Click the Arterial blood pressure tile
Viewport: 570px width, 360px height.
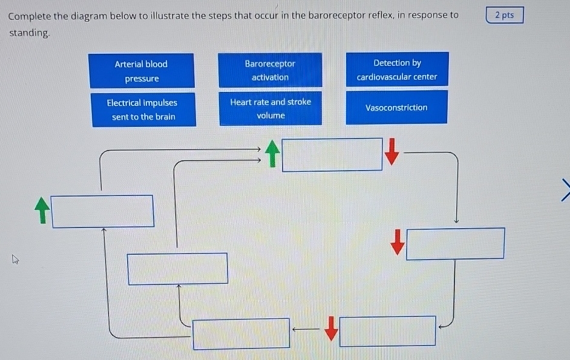click(x=142, y=71)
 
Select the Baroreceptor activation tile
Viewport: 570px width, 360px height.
click(x=270, y=70)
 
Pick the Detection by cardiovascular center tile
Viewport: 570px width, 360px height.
click(x=397, y=70)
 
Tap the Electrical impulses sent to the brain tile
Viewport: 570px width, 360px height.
click(x=143, y=110)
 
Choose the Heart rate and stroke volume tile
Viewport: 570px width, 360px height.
click(x=270, y=108)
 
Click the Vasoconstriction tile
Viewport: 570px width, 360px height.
click(x=396, y=108)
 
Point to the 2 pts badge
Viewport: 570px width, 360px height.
click(x=504, y=15)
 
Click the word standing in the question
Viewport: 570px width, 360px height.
click(x=28, y=33)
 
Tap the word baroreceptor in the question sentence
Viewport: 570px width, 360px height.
click(x=336, y=15)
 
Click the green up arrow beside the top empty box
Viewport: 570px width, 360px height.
click(x=274, y=154)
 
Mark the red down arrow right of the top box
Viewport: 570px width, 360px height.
click(x=393, y=151)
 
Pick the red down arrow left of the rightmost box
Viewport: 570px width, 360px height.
click(x=397, y=241)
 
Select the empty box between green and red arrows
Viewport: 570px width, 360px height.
click(x=332, y=155)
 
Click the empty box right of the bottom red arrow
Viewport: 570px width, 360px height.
click(x=387, y=331)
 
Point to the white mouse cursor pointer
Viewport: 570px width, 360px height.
click(x=15, y=260)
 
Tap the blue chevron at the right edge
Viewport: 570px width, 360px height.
click(x=565, y=188)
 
